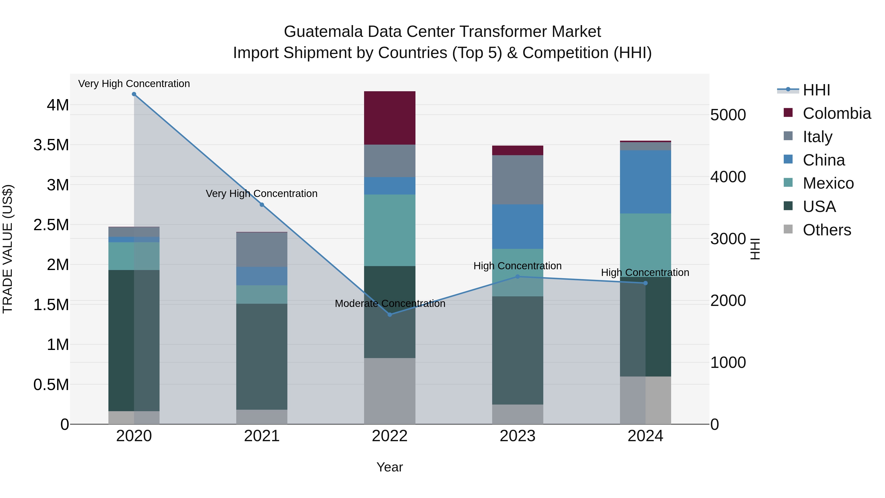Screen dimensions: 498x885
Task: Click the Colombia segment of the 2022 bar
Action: tap(390, 118)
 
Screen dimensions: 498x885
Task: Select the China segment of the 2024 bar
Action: tap(645, 182)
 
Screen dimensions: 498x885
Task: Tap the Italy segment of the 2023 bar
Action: tap(517, 180)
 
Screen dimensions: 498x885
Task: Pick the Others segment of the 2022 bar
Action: tap(390, 391)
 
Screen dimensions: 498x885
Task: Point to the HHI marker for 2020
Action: tap(134, 94)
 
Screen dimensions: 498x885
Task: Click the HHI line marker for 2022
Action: tap(390, 315)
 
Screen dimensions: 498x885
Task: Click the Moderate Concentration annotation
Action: tap(390, 304)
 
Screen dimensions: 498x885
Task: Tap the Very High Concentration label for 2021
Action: tap(262, 194)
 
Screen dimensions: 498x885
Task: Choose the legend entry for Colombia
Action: tap(837, 113)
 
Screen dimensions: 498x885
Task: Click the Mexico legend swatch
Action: tap(788, 183)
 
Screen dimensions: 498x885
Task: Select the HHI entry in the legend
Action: tap(816, 90)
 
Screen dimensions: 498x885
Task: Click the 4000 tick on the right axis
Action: tap(728, 177)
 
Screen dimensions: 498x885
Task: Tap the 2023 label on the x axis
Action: tap(517, 436)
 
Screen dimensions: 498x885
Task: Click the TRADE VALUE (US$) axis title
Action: tap(8, 249)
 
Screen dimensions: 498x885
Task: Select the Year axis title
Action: tap(390, 467)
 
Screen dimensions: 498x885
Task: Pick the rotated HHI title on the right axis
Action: tap(755, 249)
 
